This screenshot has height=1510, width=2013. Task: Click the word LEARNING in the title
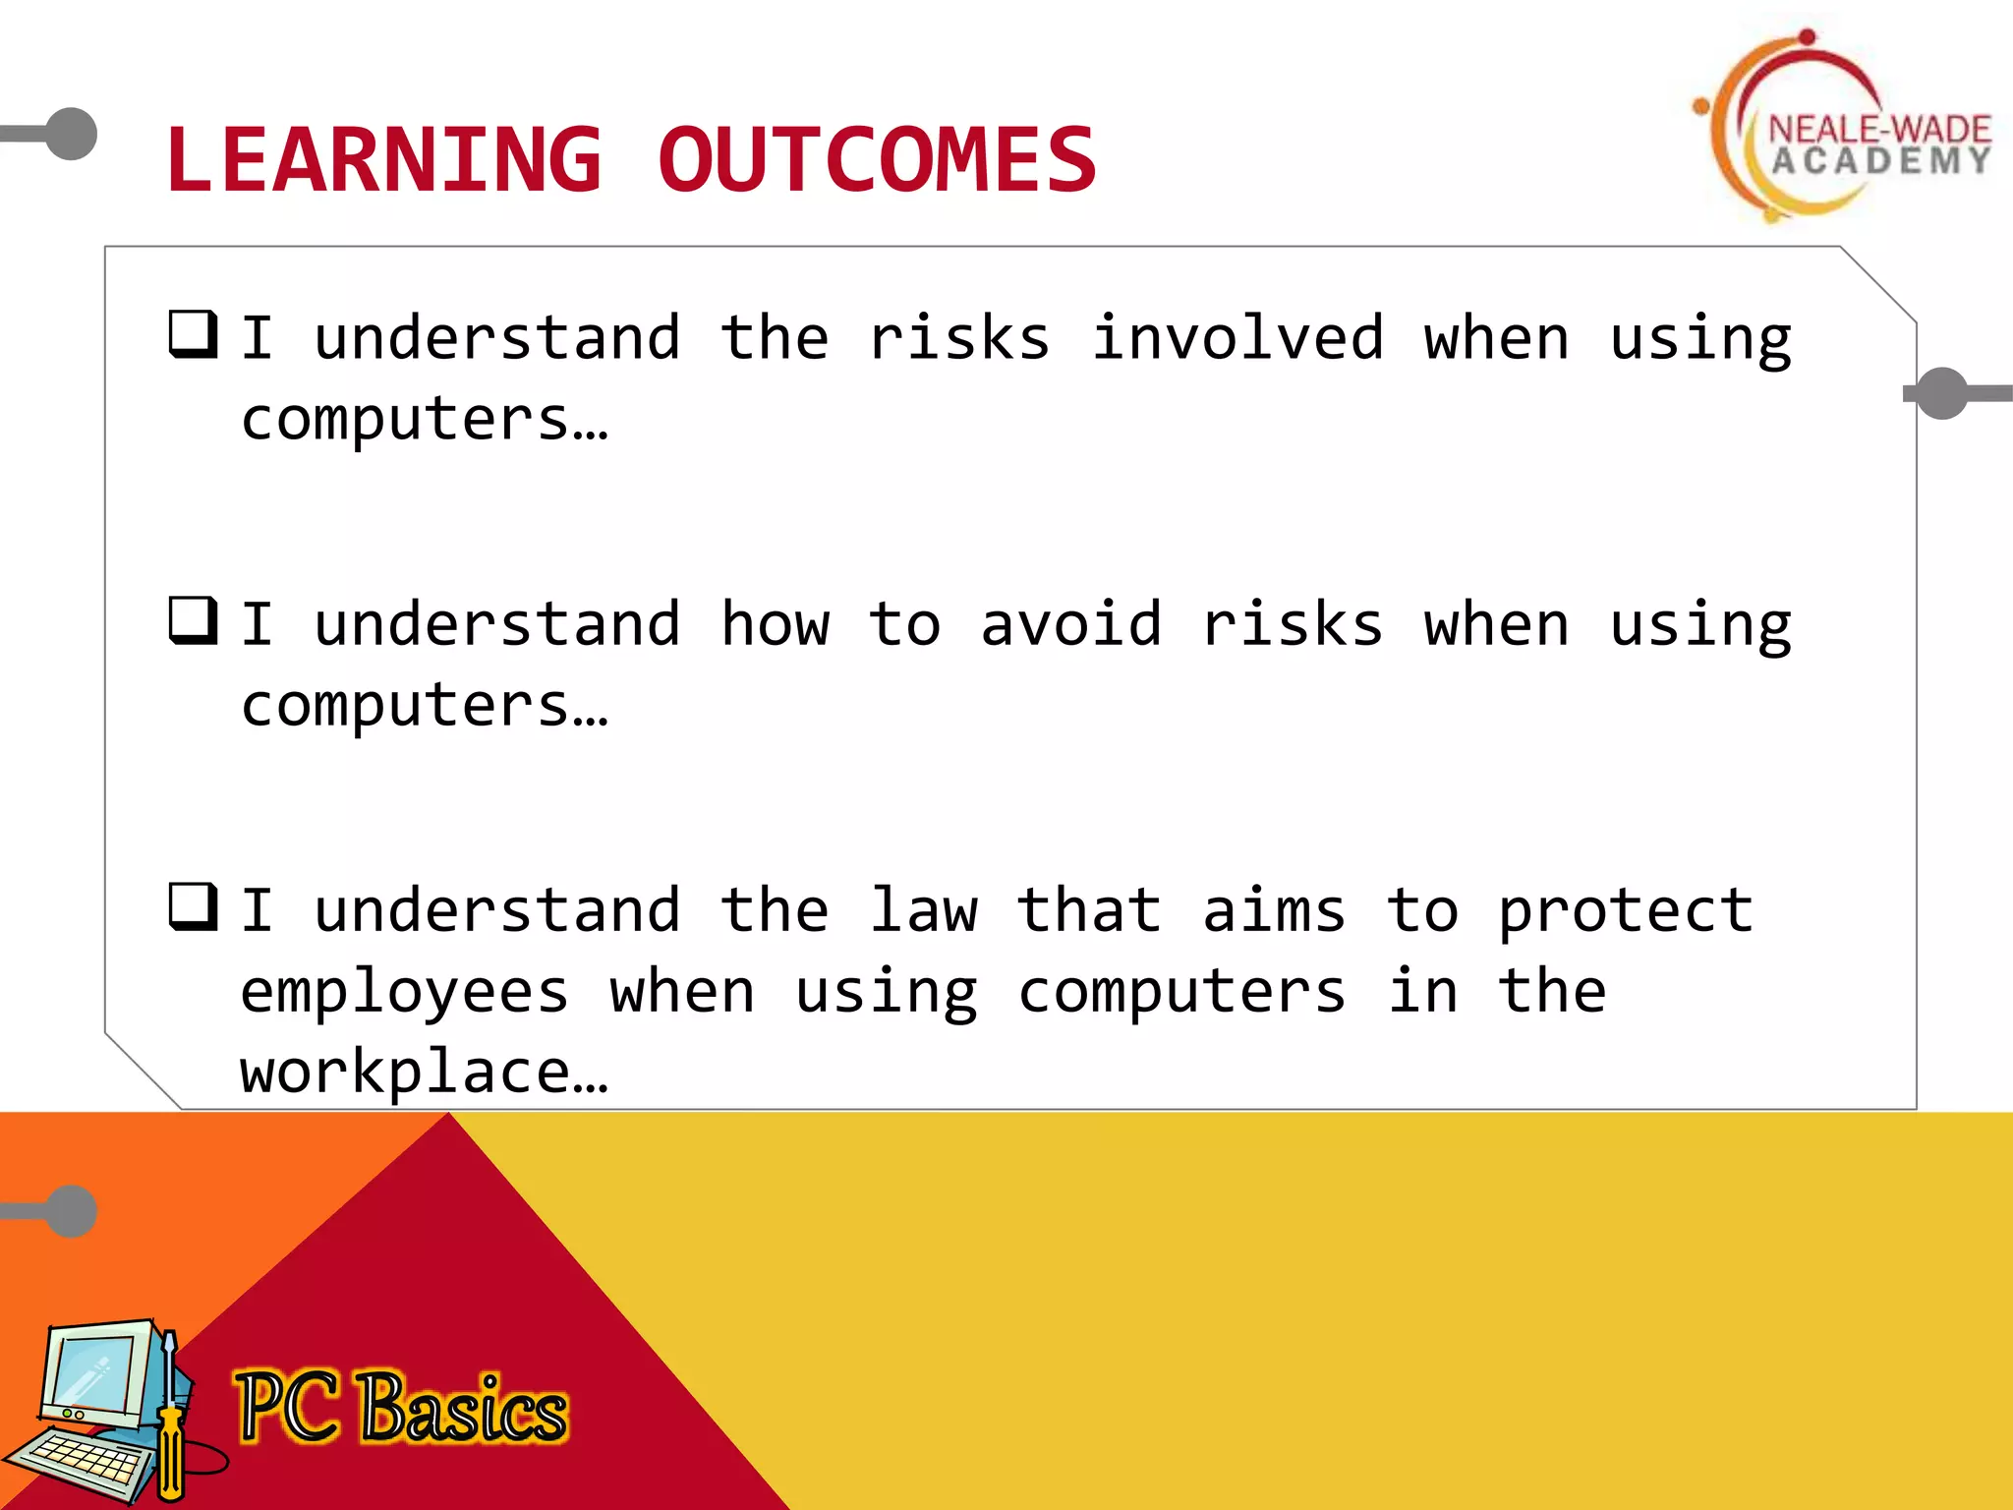point(383,160)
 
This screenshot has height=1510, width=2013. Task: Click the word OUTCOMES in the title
point(877,160)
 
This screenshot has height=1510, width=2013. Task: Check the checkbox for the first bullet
point(193,334)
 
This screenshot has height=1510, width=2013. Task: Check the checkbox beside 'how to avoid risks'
point(193,620)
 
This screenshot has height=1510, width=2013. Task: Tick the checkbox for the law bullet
point(193,906)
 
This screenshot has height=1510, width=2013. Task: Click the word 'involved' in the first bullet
point(1237,338)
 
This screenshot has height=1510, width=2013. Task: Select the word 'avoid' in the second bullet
point(1070,624)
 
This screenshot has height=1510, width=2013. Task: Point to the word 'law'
point(923,910)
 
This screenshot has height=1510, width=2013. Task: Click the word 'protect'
point(1625,912)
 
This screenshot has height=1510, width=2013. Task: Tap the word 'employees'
point(404,993)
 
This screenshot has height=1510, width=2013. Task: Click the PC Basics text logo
point(401,1408)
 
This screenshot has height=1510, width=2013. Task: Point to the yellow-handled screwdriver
point(170,1425)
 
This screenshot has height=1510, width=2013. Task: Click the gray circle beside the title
point(72,134)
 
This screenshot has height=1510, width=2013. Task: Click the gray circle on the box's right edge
point(1942,393)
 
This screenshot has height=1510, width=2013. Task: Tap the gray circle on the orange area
point(72,1211)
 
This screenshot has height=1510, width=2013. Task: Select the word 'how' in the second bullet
point(775,624)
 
